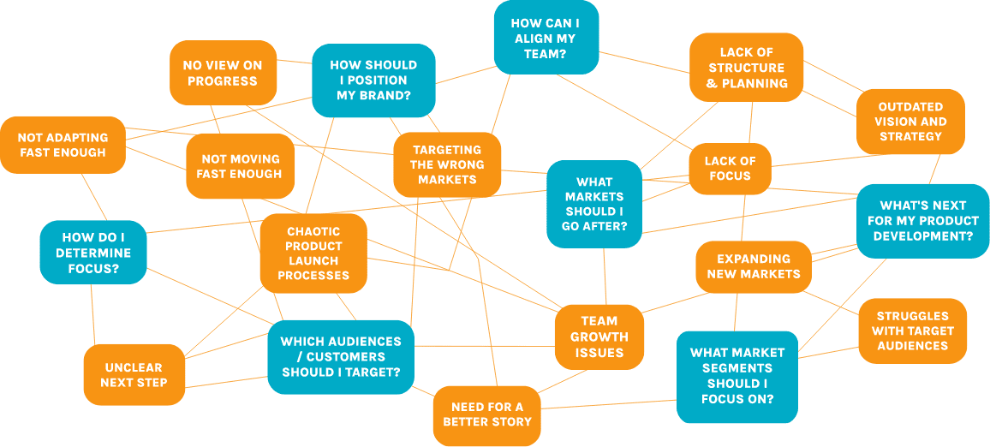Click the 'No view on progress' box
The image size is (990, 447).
223,73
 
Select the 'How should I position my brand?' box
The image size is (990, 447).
373,80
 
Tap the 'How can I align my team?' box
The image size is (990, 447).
546,39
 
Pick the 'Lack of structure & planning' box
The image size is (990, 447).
747,68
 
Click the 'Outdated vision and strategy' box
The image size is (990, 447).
911,122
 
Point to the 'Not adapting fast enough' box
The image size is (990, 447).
63,145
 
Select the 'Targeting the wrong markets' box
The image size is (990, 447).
447,164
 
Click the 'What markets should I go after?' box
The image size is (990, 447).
594,204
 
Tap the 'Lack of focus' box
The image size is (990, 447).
730,168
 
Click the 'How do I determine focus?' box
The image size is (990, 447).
93,253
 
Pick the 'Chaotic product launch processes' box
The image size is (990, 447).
313,253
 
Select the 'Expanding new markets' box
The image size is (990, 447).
754,266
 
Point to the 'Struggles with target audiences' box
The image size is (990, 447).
913,331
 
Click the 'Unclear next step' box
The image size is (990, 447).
134,374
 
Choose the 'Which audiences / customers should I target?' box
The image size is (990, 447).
340,356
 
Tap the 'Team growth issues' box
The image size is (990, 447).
599,337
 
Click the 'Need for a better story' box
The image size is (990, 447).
487,414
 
